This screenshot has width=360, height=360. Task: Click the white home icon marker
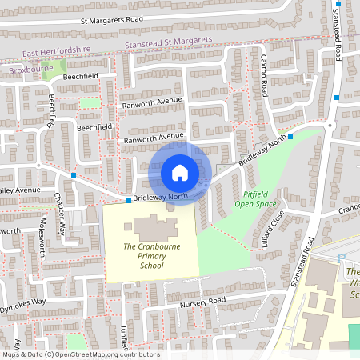pyautogui.click(x=180, y=172)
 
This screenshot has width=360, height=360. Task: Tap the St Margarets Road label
pyautogui.click(x=111, y=20)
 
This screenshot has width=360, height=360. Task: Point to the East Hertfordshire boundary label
pyautogui.click(x=57, y=53)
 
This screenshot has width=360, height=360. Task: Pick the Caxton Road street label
pyautogui.click(x=264, y=76)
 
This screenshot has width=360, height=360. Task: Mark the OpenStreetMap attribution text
pyautogui.click(x=81, y=354)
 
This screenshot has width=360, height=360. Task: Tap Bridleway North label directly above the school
pyautogui.click(x=160, y=197)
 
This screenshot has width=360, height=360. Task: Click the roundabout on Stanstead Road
pyautogui.click(x=330, y=124)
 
